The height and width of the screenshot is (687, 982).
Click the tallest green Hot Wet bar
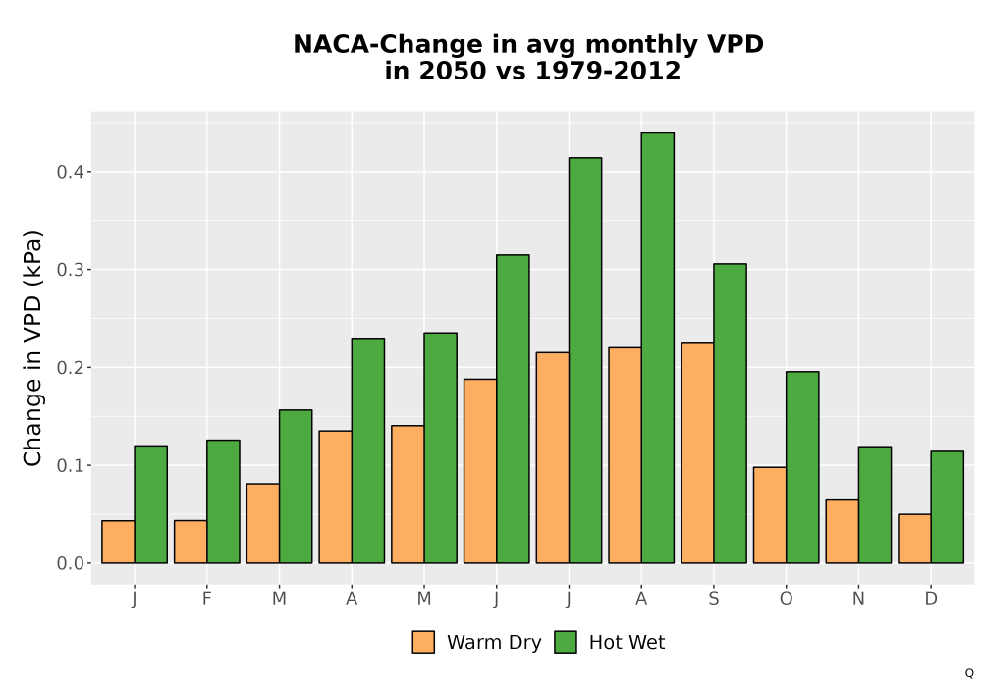pyautogui.click(x=658, y=347)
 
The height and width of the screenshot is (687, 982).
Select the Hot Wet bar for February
pyautogui.click(x=223, y=502)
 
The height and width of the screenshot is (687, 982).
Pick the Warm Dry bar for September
pyautogui.click(x=697, y=453)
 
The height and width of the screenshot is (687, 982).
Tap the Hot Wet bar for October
pyautogui.click(x=802, y=467)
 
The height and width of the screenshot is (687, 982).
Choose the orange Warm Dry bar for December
pyautogui.click(x=914, y=539)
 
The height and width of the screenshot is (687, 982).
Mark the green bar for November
pyautogui.click(x=875, y=504)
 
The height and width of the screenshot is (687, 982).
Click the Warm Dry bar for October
pyautogui.click(x=770, y=515)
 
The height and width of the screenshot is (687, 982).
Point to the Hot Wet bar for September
pyautogui.click(x=731, y=413)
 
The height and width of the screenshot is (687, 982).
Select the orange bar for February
pyautogui.click(x=191, y=542)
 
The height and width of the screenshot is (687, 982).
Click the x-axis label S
pyautogui.click(x=713, y=599)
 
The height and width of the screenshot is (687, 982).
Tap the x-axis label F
pyautogui.click(x=206, y=599)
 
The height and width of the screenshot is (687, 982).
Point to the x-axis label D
pyautogui.click(x=931, y=599)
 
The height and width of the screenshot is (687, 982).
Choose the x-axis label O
pyautogui.click(x=786, y=599)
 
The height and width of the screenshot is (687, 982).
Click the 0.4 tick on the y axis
pyautogui.click(x=70, y=172)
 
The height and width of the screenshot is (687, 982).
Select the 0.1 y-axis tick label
pyautogui.click(x=70, y=465)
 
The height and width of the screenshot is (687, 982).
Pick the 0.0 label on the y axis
pyautogui.click(x=70, y=563)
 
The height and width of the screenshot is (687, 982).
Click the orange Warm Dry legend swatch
pyautogui.click(x=423, y=643)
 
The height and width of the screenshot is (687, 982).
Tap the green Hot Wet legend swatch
pyautogui.click(x=566, y=643)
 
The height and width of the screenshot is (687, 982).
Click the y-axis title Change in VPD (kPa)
pyautogui.click(x=32, y=348)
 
